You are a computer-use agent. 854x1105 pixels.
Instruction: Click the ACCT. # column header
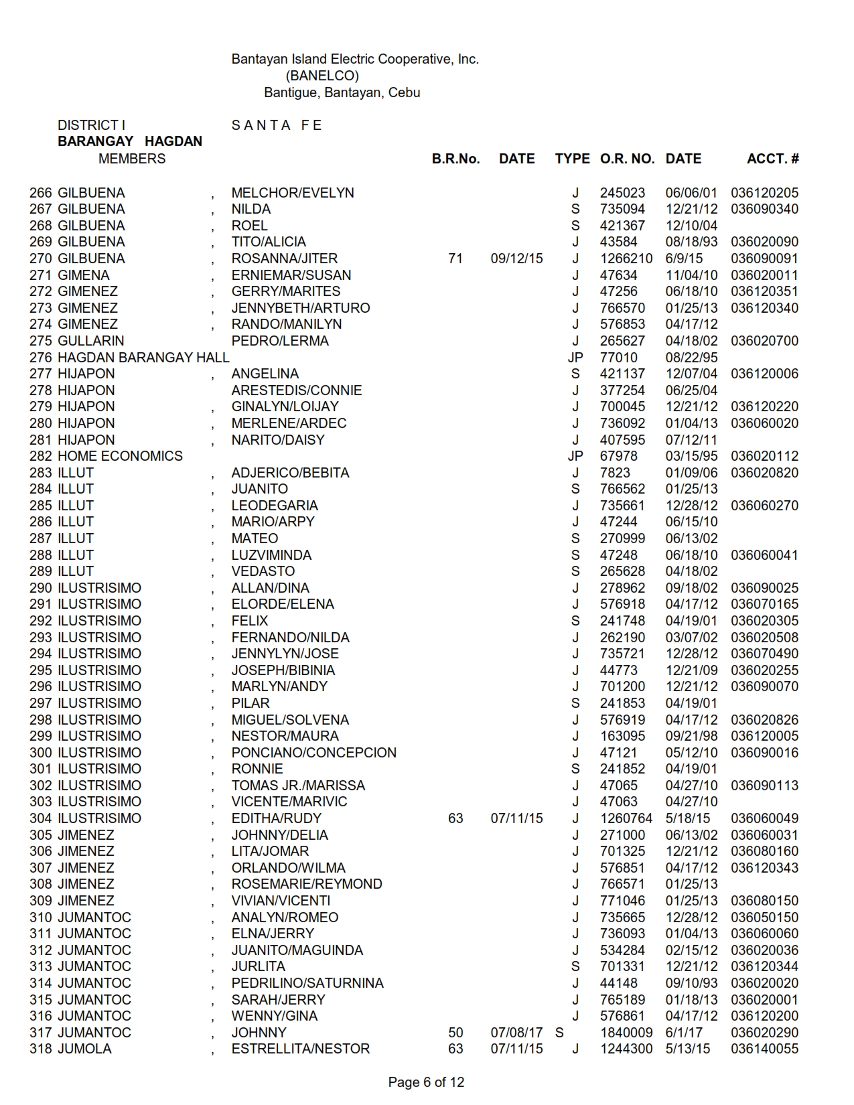pos(772,159)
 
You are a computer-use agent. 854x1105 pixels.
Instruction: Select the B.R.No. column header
pos(455,159)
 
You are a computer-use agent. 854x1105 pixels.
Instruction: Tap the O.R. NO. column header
pos(627,159)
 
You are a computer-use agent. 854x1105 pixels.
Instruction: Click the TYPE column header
pos(572,159)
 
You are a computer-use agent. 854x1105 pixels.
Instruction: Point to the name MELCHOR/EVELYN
pos(293,193)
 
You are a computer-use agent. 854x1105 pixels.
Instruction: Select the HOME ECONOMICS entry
pos(120,456)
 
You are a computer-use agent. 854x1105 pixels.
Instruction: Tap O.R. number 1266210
pos(626,259)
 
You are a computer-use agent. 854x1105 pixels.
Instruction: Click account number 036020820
pos(764,473)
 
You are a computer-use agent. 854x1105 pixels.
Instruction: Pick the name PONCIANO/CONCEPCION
pos(313,753)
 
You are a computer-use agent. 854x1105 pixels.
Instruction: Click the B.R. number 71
pos(455,259)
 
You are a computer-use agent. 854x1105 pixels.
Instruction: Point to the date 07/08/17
pos(516,1033)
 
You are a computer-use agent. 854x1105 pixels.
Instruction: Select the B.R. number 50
pos(455,1033)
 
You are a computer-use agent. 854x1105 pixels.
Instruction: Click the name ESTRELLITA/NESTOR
pos(300,1049)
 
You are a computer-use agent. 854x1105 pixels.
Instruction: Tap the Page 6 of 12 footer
pos(426,1082)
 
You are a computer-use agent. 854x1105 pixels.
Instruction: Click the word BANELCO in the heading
pos(322,76)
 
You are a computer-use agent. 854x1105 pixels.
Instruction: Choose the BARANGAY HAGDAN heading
pos(130,141)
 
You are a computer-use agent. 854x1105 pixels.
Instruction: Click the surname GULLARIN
pos(90,341)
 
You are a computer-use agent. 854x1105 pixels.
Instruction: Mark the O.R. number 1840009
pos(626,1033)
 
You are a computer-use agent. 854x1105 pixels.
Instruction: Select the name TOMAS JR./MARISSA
pos(298,786)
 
